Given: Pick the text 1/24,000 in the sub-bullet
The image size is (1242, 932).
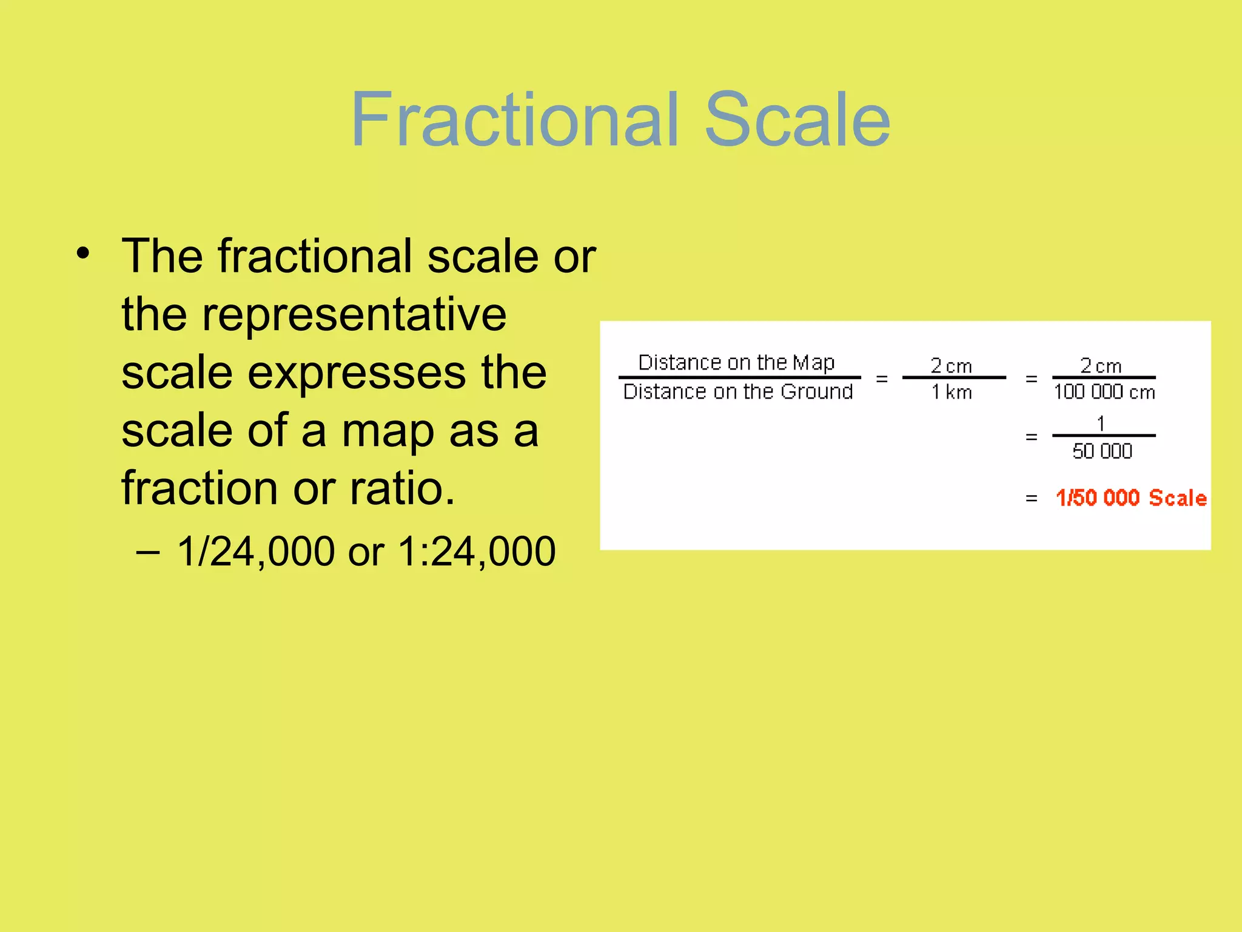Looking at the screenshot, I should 255,552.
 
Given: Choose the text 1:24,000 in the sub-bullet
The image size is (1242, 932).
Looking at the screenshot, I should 476,552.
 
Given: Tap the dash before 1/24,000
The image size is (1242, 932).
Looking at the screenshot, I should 148,552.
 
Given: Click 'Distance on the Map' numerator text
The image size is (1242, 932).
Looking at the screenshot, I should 736,362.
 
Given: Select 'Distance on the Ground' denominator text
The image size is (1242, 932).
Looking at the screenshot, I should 738,392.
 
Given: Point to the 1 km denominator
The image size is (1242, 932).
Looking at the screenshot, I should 951,393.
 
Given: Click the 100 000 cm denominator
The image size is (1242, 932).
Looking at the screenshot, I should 1104,392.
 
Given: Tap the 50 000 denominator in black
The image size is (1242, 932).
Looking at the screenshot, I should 1102,451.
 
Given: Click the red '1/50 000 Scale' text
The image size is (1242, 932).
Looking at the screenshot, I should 1131,498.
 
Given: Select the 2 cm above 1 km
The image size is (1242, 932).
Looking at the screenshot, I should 951,366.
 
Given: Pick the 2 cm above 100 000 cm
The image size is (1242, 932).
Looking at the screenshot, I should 1101,366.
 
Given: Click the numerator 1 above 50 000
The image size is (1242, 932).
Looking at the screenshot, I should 1101,424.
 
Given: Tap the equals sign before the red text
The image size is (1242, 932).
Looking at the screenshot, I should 1031,499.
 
